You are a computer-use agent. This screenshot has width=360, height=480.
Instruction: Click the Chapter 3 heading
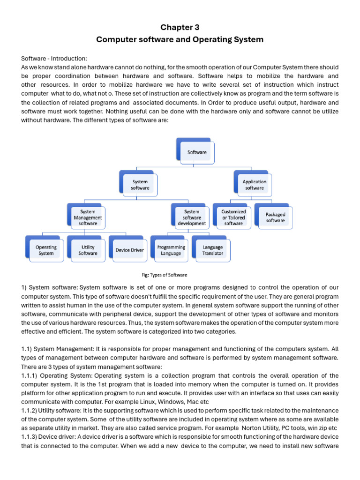tap(180, 27)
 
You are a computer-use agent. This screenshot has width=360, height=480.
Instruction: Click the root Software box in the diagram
tap(197, 152)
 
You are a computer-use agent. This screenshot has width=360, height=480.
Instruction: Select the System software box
tap(140, 185)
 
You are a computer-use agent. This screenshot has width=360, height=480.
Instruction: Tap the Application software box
tap(254, 185)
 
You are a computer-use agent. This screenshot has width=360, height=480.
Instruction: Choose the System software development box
tap(192, 217)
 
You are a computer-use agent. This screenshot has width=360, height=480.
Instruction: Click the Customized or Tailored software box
tap(233, 217)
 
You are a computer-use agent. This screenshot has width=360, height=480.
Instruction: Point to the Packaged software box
tap(276, 217)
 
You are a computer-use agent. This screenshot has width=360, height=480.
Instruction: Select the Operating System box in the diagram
tap(46, 250)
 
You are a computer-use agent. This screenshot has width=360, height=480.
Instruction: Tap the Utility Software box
tap(88, 250)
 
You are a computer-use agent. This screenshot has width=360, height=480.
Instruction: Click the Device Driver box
tap(130, 250)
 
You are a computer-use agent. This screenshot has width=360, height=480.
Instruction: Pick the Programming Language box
tap(171, 250)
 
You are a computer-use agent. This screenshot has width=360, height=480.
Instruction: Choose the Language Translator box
tap(213, 250)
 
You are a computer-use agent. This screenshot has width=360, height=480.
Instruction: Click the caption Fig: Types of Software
tap(161, 275)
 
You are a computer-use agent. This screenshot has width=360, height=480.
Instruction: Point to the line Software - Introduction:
tap(54, 58)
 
